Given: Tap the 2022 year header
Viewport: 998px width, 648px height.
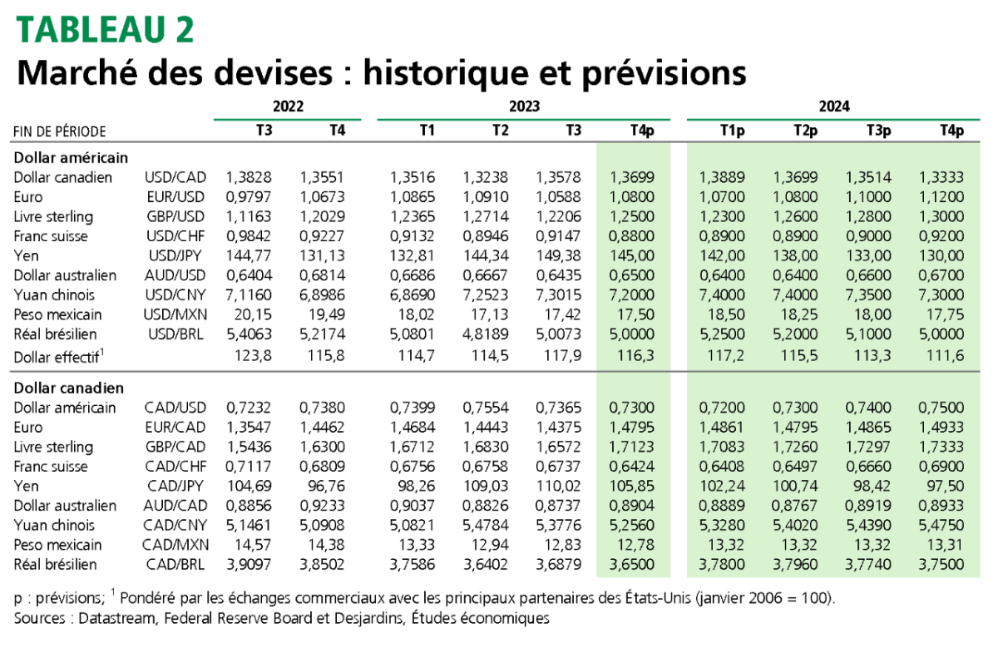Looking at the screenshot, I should (288, 106).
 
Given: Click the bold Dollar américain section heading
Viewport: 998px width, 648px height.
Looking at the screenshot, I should (70, 156).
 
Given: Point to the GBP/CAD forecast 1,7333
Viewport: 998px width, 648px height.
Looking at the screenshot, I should (941, 447).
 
